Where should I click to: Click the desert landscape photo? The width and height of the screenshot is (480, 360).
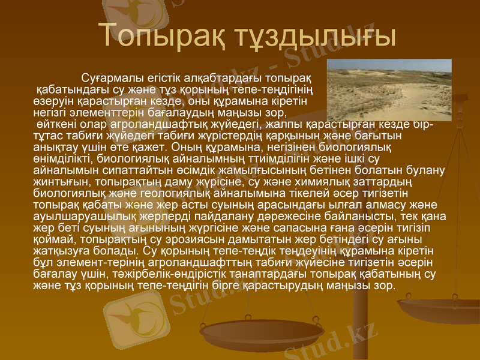click(389, 89)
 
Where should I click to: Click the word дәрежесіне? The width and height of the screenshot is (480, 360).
click(289, 215)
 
